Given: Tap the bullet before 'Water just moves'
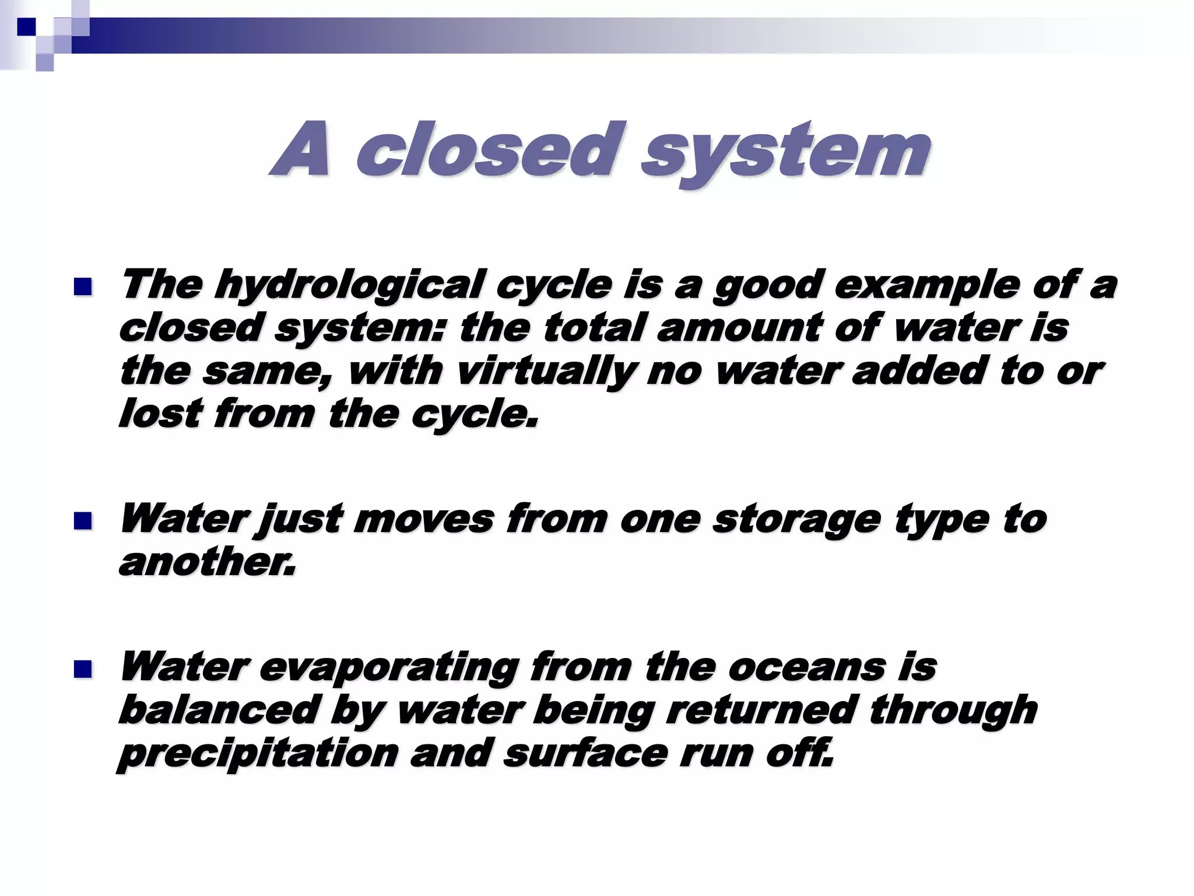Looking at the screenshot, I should (x=83, y=520).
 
